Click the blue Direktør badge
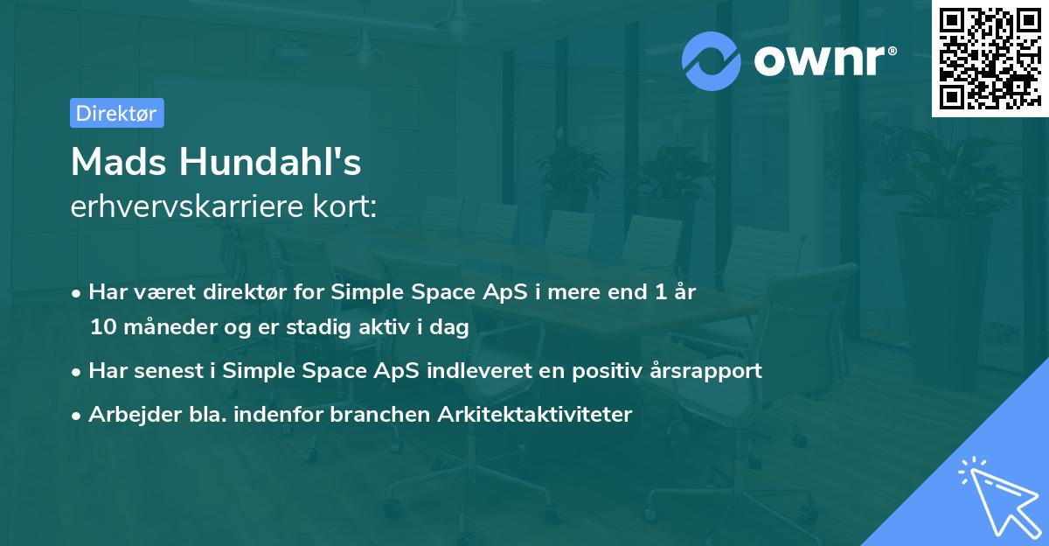117,113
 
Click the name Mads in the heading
119,162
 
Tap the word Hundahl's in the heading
270,162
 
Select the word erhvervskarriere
187,206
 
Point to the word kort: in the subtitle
344,206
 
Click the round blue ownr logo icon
712,61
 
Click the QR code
990,59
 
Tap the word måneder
170,327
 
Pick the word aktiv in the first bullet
385,327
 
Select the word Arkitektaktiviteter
535,414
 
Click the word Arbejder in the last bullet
135,414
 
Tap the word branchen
379,414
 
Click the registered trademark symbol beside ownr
892,51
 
